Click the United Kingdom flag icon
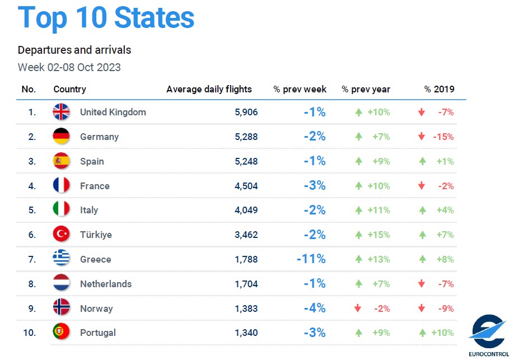click(61, 112)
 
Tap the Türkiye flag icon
click(61, 235)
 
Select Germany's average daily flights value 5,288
click(246, 137)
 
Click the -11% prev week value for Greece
click(311, 259)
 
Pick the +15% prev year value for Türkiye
click(379, 235)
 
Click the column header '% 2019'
click(439, 89)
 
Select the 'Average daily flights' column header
click(209, 89)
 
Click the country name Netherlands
click(106, 284)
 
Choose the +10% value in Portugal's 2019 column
click(442, 333)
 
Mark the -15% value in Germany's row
click(443, 137)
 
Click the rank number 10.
click(29, 333)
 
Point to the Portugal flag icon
click(61, 333)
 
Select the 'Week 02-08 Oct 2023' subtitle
click(69, 68)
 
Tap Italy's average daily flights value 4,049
click(246, 210)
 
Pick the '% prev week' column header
click(300, 89)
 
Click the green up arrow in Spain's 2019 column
click(422, 161)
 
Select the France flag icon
click(61, 186)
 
